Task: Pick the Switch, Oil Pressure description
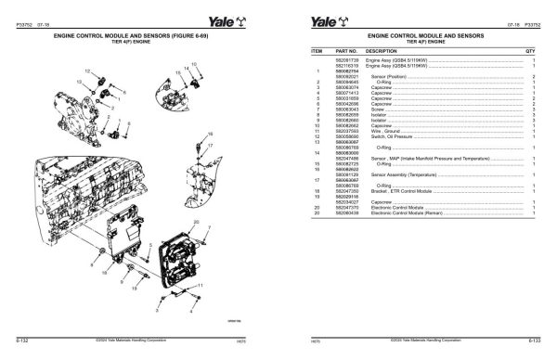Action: point(389,136)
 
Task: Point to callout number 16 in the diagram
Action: point(211,135)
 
